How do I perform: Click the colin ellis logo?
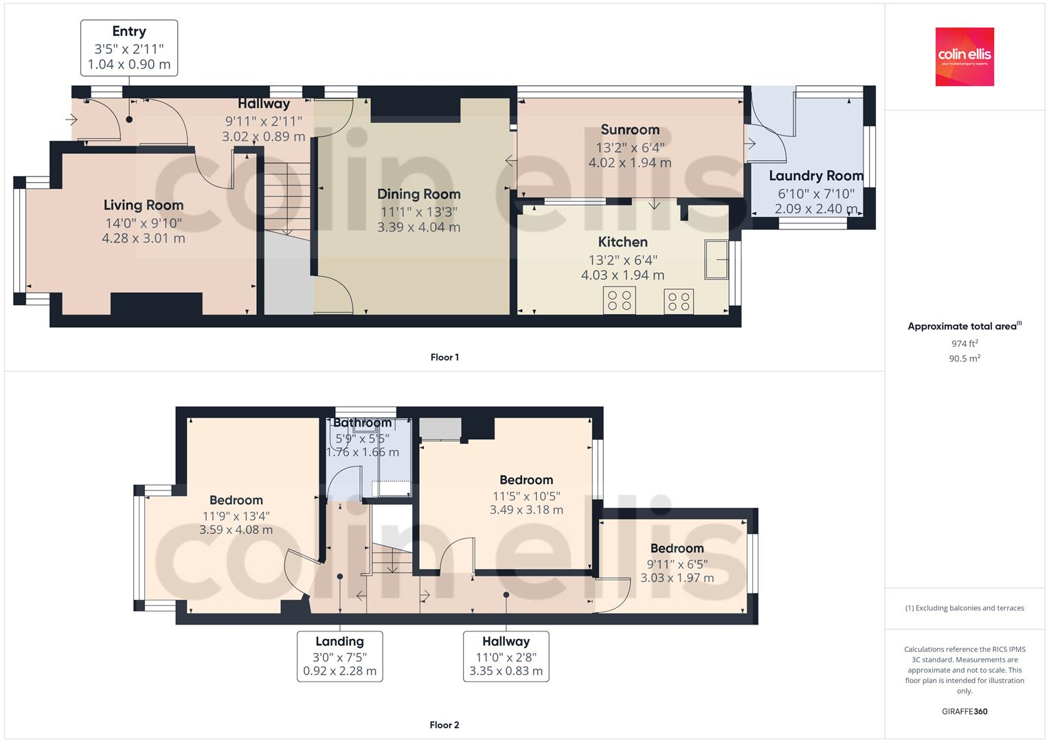click(965, 56)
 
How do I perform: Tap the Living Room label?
click(144, 205)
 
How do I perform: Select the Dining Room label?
click(418, 194)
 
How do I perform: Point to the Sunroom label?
click(629, 130)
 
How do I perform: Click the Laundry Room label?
click(815, 176)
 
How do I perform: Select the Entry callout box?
click(129, 48)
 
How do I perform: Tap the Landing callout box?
click(339, 656)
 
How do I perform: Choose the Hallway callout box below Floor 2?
click(506, 656)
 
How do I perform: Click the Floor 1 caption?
click(444, 357)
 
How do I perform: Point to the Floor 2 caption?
click(444, 725)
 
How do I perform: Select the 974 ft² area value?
click(965, 344)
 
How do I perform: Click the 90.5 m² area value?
click(965, 359)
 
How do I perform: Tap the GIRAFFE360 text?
click(965, 712)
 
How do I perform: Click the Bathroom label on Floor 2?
click(362, 423)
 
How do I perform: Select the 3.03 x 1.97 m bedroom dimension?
click(677, 578)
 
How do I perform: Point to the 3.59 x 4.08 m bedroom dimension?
click(236, 530)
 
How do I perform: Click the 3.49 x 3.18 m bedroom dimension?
click(526, 510)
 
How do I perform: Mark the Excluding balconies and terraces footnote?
click(965, 608)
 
